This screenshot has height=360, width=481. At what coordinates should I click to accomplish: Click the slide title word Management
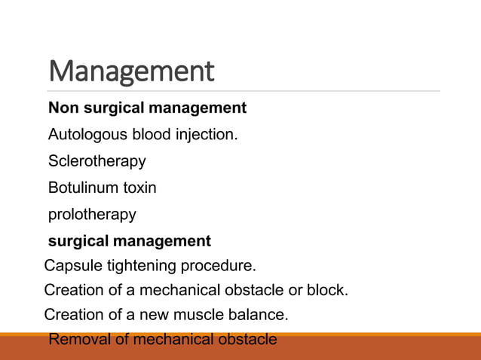point(131,72)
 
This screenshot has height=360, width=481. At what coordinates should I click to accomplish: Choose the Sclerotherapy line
point(97,162)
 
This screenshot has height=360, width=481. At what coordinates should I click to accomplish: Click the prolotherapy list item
point(92,215)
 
